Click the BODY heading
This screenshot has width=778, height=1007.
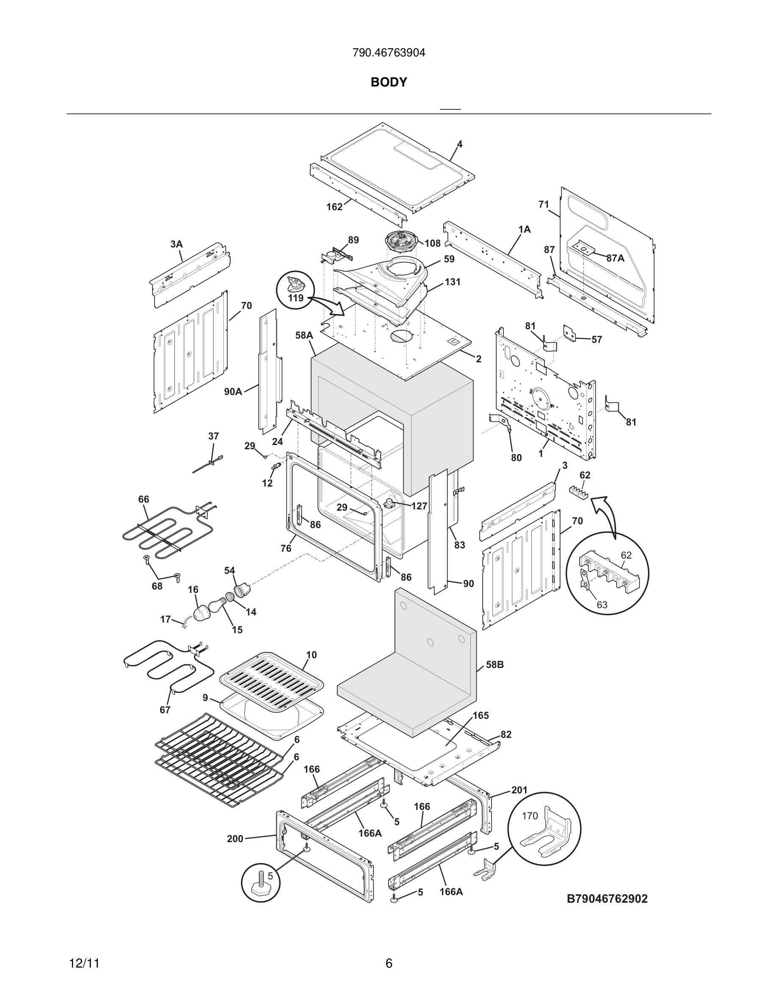[389, 82]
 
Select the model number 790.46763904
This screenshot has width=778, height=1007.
[389, 53]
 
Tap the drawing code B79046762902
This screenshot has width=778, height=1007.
[607, 899]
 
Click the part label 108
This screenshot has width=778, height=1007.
[432, 243]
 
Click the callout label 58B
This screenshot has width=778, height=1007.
[495, 665]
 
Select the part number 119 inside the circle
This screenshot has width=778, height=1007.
[295, 298]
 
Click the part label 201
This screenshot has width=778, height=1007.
[519, 790]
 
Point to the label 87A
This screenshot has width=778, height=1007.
[615, 258]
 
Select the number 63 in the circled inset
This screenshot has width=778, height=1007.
[602, 604]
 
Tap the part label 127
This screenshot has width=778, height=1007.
[419, 506]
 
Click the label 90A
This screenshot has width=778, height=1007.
[233, 392]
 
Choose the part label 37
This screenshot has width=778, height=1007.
[214, 436]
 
